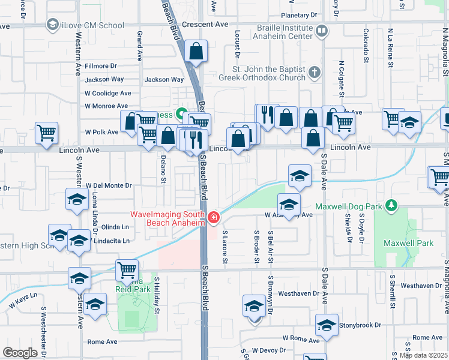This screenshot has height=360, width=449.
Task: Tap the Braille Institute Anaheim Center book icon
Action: [x=322, y=30]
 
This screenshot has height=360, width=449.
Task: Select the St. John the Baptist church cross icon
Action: [x=315, y=73]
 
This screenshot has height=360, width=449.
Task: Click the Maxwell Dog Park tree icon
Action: [x=391, y=206]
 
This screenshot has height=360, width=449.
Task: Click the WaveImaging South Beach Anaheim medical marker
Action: [x=214, y=217]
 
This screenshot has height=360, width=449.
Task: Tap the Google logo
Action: [x=20, y=353]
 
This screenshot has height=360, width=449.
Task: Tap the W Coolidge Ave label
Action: [x=107, y=93]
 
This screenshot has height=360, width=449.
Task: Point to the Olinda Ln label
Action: [x=115, y=227]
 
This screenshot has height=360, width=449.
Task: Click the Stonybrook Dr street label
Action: [x=360, y=325]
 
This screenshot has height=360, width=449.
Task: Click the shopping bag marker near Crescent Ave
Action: [x=196, y=52]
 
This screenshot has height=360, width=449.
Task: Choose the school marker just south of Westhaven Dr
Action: [x=254, y=306]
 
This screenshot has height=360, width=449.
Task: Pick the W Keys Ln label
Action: [x=23, y=300]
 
